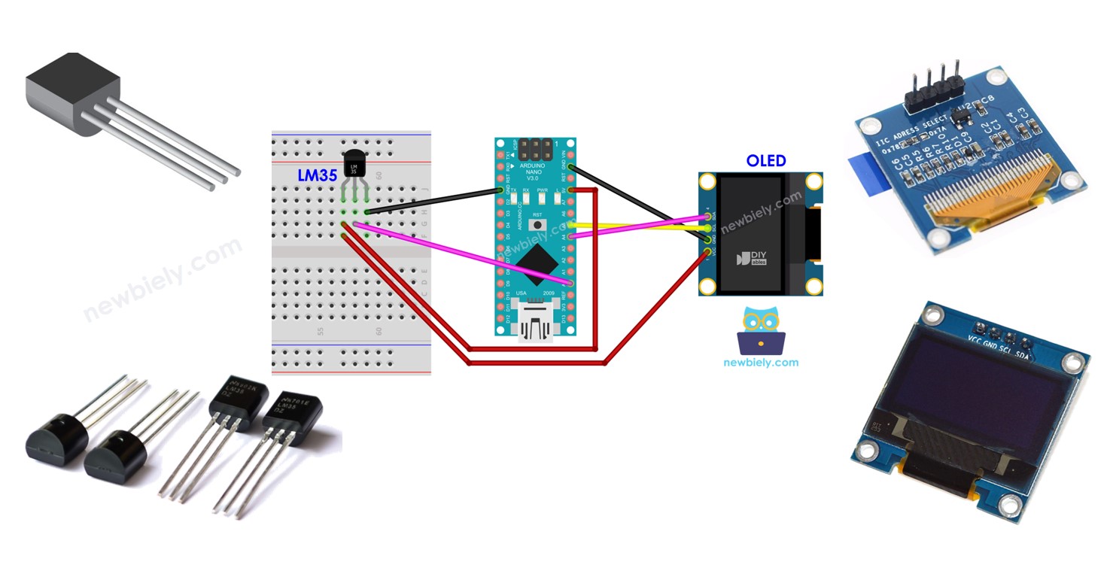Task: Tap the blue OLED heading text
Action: pos(765,160)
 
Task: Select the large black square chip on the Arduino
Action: pos(535,259)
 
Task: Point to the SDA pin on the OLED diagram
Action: pos(707,217)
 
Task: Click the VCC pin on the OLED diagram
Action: pos(707,251)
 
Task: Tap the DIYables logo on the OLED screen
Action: pos(748,258)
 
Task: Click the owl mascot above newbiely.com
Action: pos(761,330)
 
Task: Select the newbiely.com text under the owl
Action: pos(761,362)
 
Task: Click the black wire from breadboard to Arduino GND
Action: pos(433,201)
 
